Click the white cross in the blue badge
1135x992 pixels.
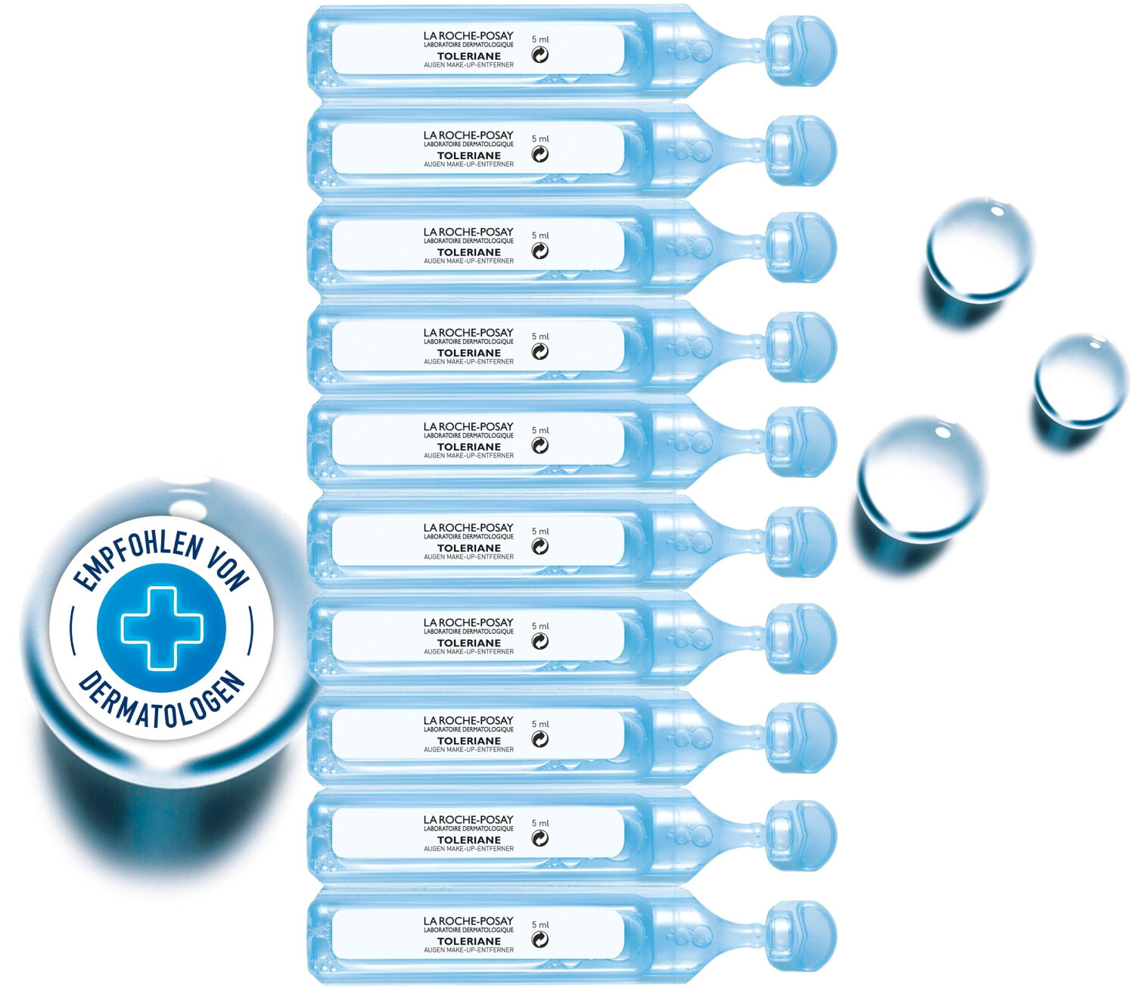click(161, 628)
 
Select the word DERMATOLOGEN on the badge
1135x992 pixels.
click(161, 700)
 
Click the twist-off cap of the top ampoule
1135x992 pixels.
click(801, 51)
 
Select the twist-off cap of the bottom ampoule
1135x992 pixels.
click(801, 935)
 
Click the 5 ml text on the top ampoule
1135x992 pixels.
click(540, 39)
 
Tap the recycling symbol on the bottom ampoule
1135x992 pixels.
click(540, 939)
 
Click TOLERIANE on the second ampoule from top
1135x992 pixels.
click(469, 155)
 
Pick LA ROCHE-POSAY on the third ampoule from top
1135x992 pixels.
click(468, 232)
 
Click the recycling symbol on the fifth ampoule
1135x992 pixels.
click(540, 445)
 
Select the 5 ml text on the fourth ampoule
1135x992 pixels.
click(540, 336)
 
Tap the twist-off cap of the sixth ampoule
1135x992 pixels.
click(801, 541)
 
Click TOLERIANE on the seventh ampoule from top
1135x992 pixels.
click(469, 643)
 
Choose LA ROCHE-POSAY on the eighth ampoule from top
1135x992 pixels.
click(468, 720)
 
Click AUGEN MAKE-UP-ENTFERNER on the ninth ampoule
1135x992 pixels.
click(469, 848)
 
